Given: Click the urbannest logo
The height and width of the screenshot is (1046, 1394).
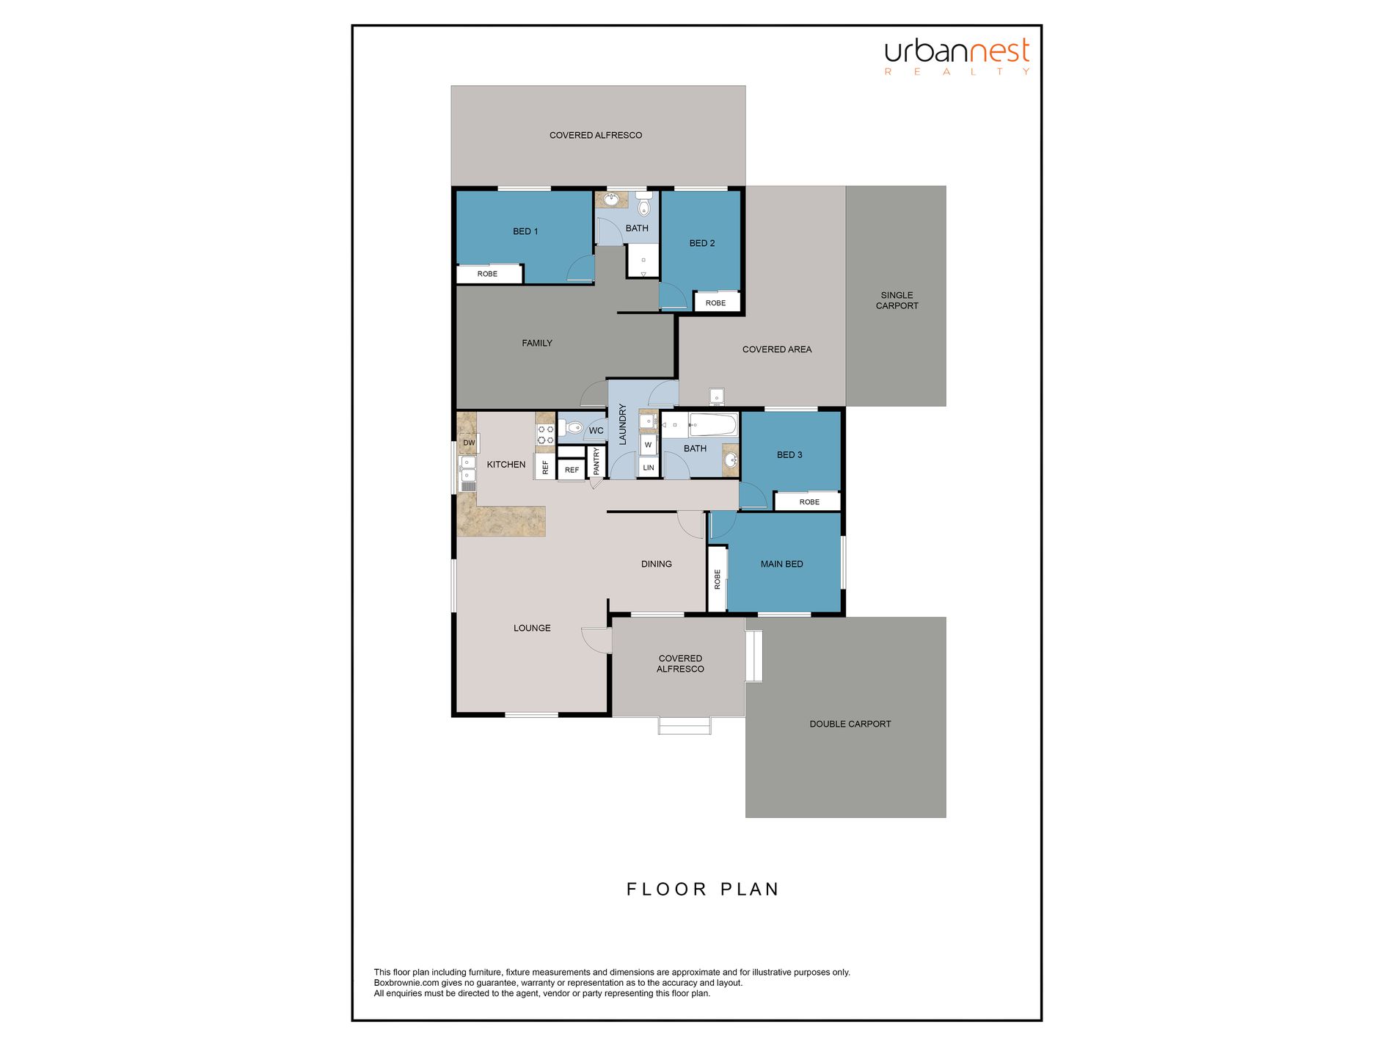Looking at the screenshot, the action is pos(957,56).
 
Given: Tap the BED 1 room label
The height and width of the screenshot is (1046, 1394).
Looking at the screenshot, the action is pos(525,231).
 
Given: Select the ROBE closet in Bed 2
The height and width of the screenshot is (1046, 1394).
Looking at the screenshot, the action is pos(716,302).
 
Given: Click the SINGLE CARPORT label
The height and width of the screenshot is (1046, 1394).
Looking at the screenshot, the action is pos(897,300).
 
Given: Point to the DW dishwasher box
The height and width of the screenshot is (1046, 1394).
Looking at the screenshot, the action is pos(469,443).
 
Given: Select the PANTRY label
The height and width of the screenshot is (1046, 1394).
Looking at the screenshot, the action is pos(596,462).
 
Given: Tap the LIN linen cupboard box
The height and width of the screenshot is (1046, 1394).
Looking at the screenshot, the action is pos(648,468).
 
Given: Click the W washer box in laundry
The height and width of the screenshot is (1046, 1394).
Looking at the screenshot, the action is pos(648,444).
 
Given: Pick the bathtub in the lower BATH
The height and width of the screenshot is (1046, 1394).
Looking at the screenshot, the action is pos(713,424).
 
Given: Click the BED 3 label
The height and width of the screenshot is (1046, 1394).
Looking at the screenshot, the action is pos(789,454).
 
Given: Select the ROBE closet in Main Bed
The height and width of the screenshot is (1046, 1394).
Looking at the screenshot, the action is pos(718,579).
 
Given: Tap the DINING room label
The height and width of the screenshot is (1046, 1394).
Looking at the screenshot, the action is pos(656,564).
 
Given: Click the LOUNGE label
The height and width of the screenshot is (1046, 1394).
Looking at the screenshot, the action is pos(532,628).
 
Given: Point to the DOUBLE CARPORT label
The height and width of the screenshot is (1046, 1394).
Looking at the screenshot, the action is pos(850,724).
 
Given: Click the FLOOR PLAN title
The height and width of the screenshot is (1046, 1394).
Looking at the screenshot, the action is pos(702,889).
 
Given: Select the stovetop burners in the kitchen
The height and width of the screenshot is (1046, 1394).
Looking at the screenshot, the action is pos(545,435).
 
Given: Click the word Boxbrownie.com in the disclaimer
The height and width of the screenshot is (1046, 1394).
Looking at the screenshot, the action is pos(406,983).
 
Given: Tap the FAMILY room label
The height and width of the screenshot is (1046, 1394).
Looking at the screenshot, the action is pos(537,343).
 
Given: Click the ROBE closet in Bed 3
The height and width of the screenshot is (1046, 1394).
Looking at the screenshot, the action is pos(809,501).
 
